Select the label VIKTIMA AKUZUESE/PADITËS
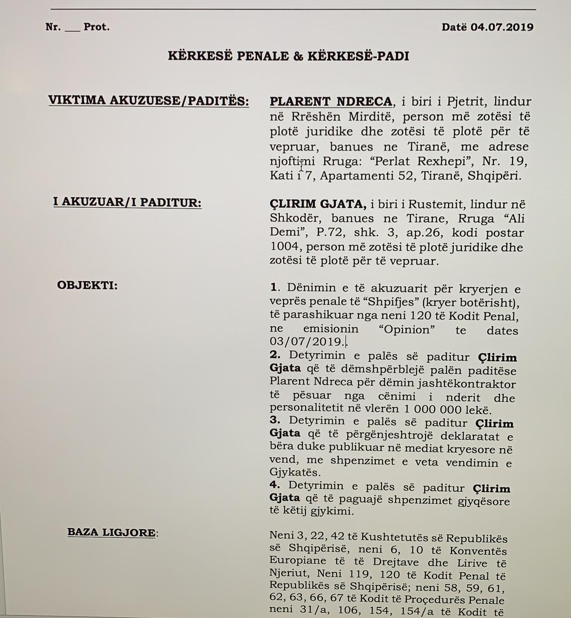pyautogui.click(x=148, y=101)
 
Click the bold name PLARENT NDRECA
pyautogui.click(x=331, y=101)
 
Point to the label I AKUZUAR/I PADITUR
pyautogui.click(x=127, y=202)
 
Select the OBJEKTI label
pyautogui.click(x=87, y=285)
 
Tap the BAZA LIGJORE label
pyautogui.click(x=112, y=533)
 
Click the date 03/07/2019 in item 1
pyautogui.click(x=308, y=342)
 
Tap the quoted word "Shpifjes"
pyautogui.click(x=393, y=303)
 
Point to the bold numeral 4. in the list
pyautogui.click(x=275, y=486)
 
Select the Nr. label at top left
pyautogui.click(x=53, y=27)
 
